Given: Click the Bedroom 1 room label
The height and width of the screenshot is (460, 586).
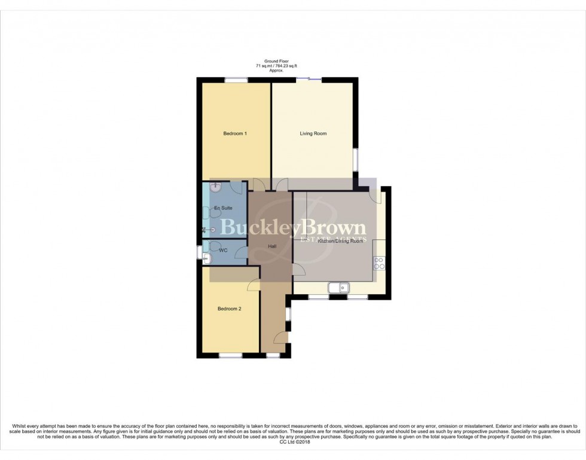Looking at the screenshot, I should point(235,133).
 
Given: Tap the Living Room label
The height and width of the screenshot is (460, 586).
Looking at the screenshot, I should point(313,133).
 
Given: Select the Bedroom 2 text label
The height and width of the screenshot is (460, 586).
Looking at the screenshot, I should point(229,309).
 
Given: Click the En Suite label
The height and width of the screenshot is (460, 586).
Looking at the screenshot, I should point(223,208).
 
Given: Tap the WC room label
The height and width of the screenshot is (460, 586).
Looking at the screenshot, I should point(223,250).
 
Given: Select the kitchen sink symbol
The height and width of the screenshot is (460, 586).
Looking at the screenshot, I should point(339,288).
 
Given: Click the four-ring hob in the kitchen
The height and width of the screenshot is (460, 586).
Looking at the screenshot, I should point(379,263).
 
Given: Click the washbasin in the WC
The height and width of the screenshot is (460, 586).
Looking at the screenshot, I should point(207,258).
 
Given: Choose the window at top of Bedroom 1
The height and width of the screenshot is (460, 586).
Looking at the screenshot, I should point(236,80).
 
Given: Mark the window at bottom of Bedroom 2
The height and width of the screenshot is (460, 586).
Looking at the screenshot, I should point(230,356).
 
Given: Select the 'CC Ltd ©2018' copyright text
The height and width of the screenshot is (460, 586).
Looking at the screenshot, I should point(293,442).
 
